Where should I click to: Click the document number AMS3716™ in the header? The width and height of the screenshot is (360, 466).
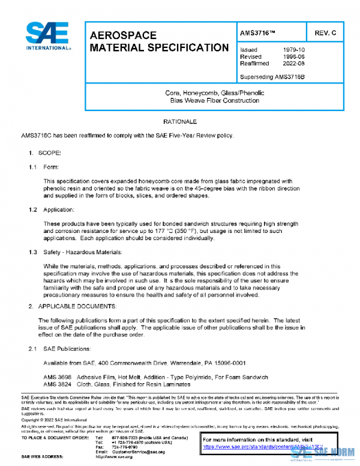[x=259, y=31]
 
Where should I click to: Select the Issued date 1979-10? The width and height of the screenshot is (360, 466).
[x=294, y=50]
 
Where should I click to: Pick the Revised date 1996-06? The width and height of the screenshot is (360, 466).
[x=294, y=56]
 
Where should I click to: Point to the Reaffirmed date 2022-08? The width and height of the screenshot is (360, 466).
[x=294, y=63]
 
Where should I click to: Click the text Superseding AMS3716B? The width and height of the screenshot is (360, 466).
[x=272, y=76]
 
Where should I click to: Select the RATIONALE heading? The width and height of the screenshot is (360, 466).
[x=180, y=122]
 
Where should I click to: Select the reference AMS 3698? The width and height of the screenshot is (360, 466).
[x=57, y=377]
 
